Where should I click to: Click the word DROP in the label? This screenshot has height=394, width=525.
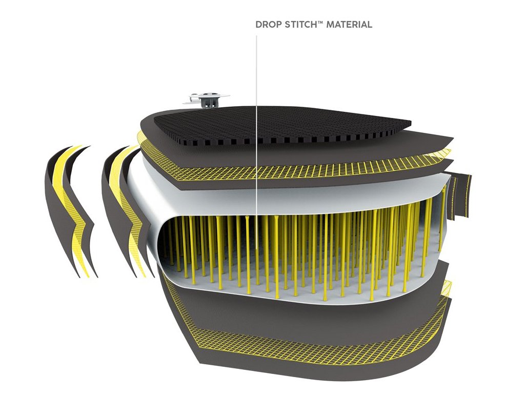click(267, 25)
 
